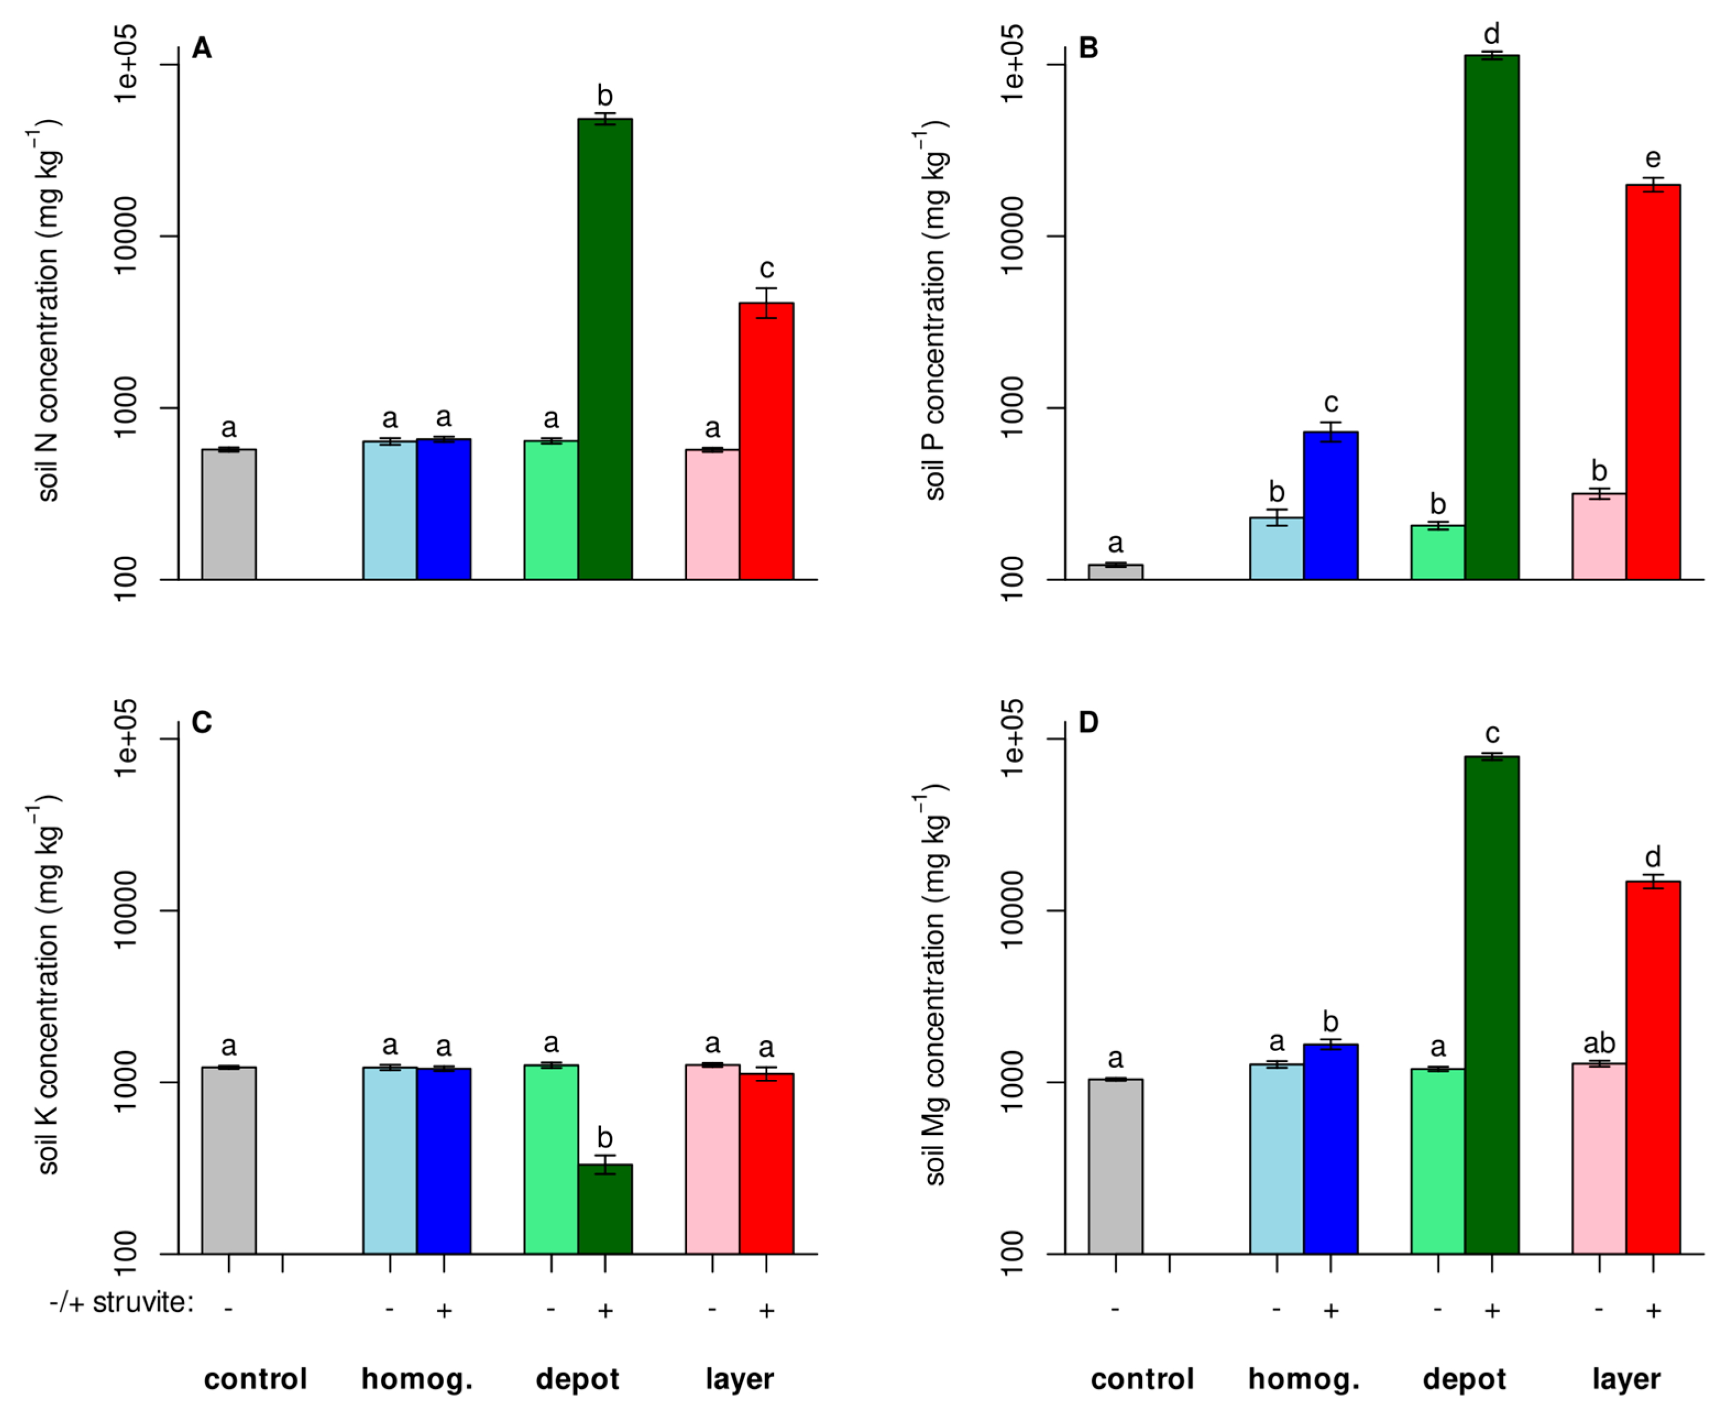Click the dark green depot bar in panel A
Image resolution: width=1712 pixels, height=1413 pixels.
click(x=605, y=350)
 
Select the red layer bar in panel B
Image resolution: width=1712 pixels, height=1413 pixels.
click(x=1653, y=383)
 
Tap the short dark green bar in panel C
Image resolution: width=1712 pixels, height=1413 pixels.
click(x=605, y=1210)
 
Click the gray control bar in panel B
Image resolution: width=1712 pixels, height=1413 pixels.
click(x=1115, y=572)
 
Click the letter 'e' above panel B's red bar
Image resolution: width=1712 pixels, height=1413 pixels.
click(x=1653, y=158)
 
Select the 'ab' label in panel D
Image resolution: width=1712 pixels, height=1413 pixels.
click(x=1599, y=1044)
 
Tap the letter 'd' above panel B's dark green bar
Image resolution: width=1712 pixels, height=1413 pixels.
click(x=1491, y=34)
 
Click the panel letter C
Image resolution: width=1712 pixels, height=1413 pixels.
click(x=201, y=722)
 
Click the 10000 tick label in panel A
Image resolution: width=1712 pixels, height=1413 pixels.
click(x=126, y=236)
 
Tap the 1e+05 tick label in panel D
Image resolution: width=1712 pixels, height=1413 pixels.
click(x=1012, y=738)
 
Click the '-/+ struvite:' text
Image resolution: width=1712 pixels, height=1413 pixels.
click(x=122, y=1302)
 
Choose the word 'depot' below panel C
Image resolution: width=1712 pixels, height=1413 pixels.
click(x=577, y=1379)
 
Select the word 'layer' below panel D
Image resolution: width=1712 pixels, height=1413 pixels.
click(x=1626, y=1379)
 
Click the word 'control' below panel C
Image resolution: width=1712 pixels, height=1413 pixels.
click(x=255, y=1379)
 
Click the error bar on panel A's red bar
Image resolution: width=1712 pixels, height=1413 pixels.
click(x=766, y=302)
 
